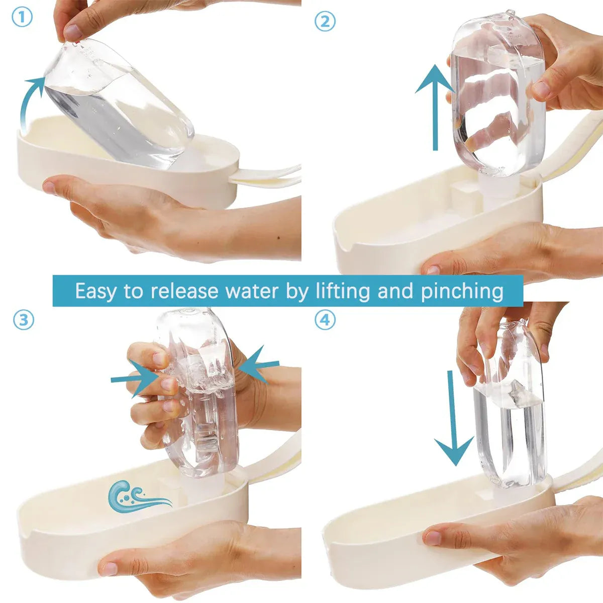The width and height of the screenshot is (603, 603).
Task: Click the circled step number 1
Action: click(x=22, y=18)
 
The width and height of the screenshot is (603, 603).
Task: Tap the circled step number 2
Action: click(x=325, y=21)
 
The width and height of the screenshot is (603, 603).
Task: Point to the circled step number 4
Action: click(x=325, y=320)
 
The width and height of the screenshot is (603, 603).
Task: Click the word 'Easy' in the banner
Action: click(x=95, y=291)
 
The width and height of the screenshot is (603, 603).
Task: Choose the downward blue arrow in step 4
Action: click(x=453, y=419)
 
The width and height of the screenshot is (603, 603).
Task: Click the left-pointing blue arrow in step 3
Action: click(x=258, y=364)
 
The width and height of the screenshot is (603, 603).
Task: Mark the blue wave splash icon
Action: click(x=138, y=499)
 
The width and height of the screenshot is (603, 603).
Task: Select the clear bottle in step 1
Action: click(x=119, y=104)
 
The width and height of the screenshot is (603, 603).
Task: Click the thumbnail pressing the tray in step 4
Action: click(x=433, y=537)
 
